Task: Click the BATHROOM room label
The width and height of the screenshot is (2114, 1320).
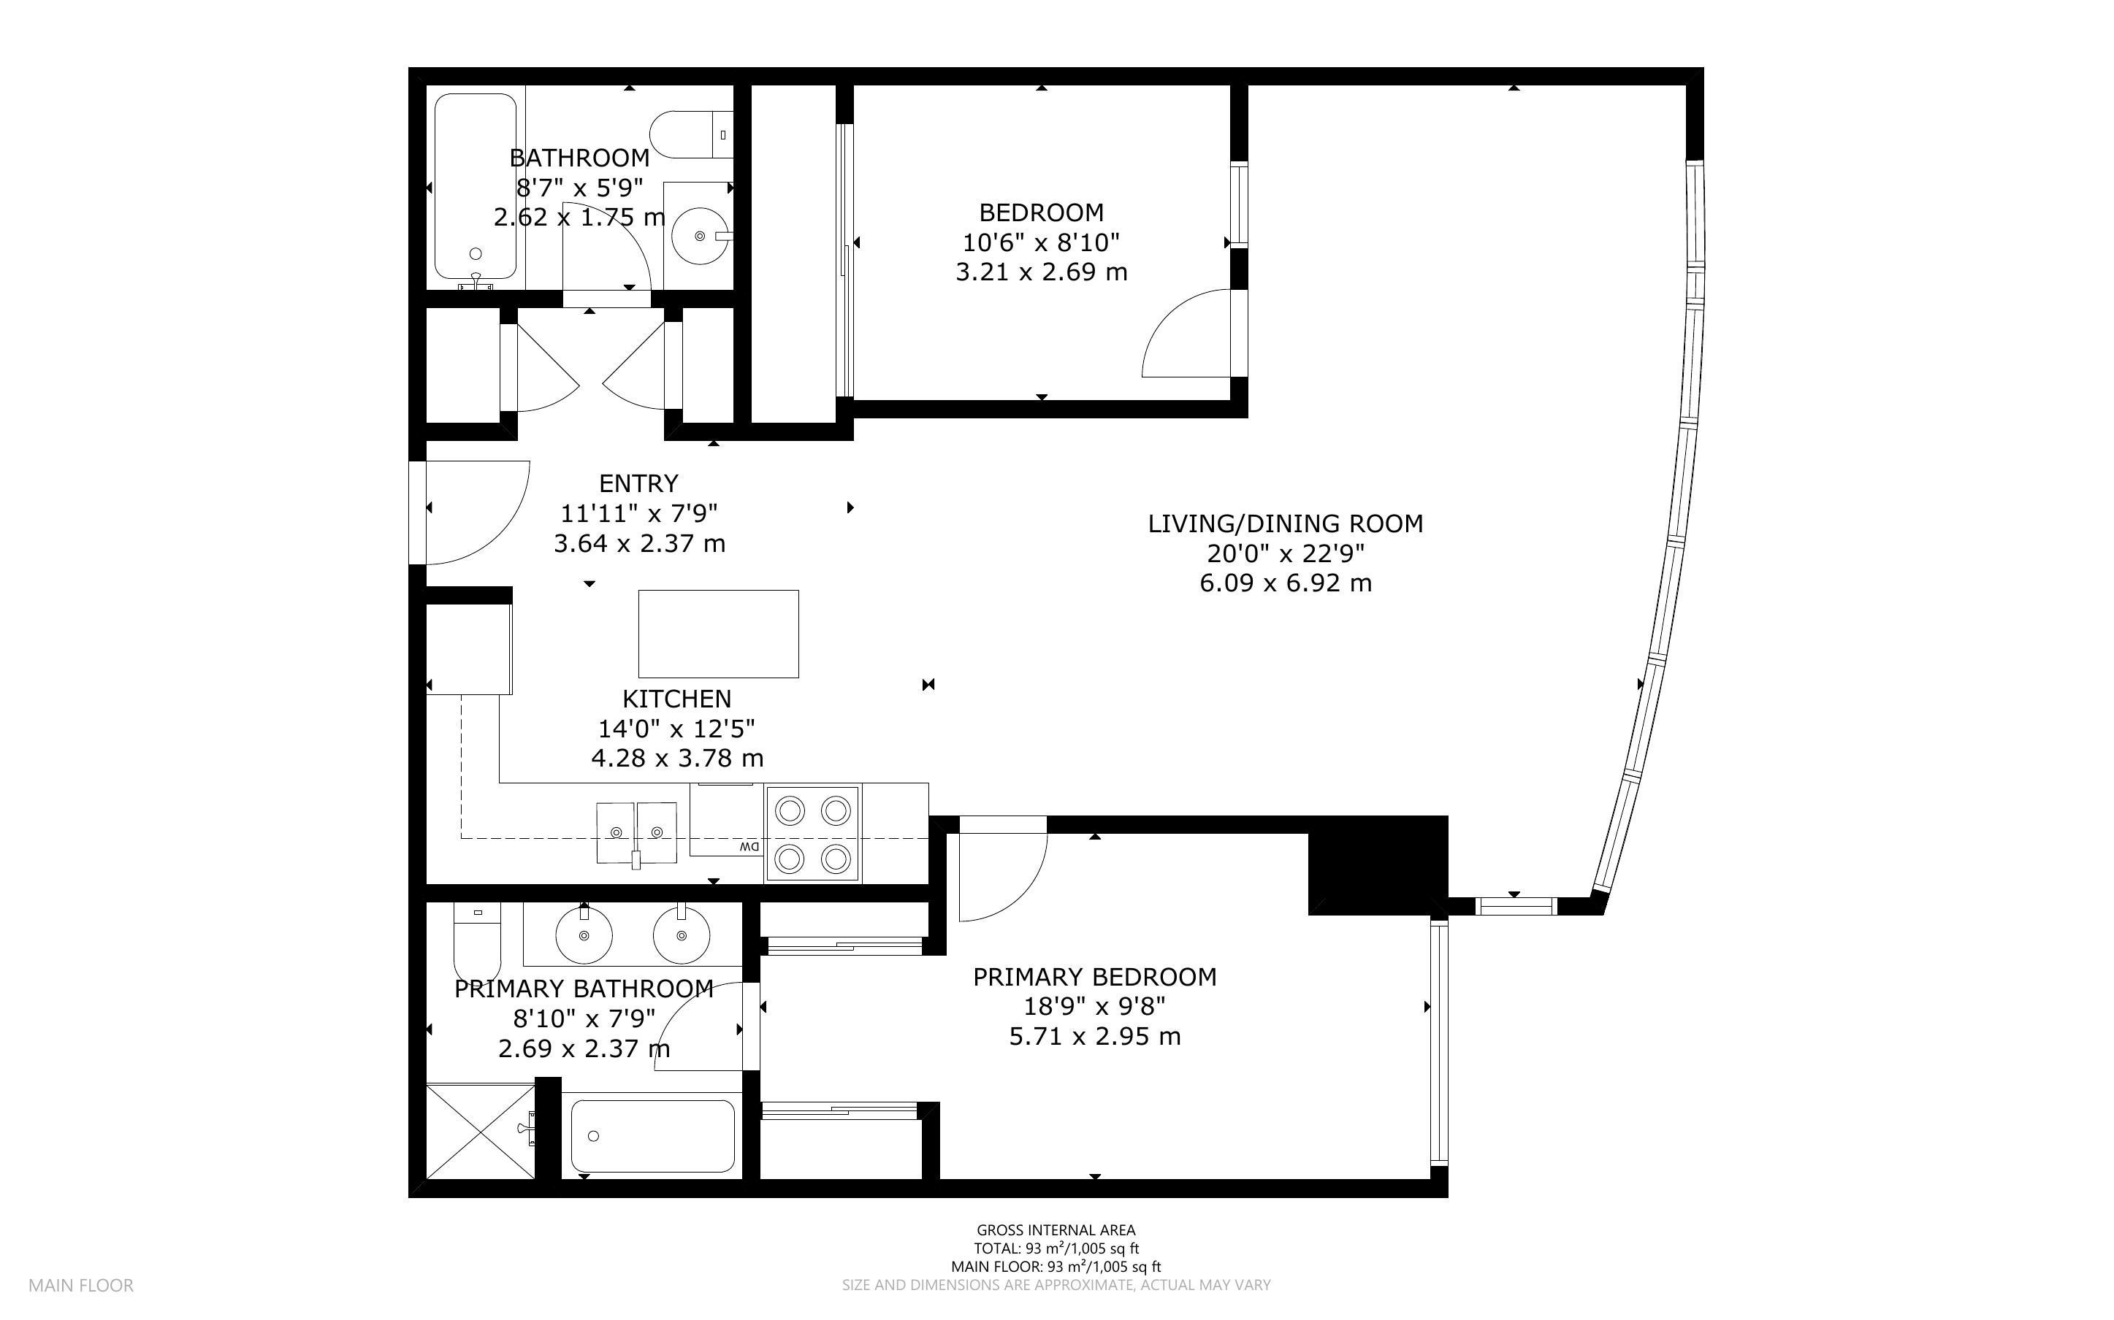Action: pyautogui.click(x=579, y=158)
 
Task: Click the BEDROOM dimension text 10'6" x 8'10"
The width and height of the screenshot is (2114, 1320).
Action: pyautogui.click(x=1041, y=242)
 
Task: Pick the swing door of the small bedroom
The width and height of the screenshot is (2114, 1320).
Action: pyautogui.click(x=1192, y=334)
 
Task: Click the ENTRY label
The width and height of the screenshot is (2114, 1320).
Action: pyautogui.click(x=638, y=483)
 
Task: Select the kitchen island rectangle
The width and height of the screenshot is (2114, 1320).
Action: pyautogui.click(x=718, y=634)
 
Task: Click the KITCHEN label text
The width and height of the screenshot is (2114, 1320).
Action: pyautogui.click(x=676, y=699)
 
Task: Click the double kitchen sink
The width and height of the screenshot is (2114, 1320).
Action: pyautogui.click(x=636, y=833)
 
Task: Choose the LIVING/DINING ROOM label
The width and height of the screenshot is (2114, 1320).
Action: pyautogui.click(x=1286, y=523)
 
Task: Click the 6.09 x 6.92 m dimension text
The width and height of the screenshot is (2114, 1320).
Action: pyautogui.click(x=1286, y=583)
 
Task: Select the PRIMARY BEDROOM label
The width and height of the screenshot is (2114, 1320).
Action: pyautogui.click(x=1095, y=977)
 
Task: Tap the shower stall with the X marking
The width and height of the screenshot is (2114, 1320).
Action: pyautogui.click(x=480, y=1132)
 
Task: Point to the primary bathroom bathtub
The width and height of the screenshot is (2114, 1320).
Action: pyautogui.click(x=652, y=1135)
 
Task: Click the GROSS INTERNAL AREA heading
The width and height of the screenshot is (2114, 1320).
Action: pyautogui.click(x=1056, y=1230)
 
